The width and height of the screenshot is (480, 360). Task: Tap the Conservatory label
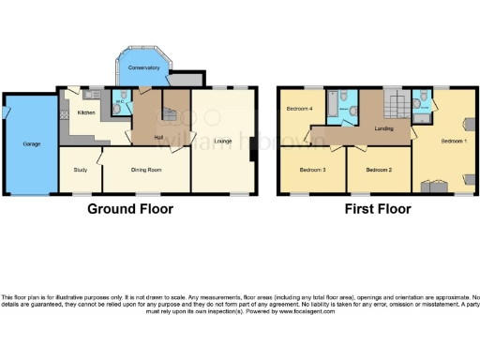[142, 68]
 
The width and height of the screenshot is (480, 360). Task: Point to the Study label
[81, 170]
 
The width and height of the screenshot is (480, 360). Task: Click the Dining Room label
[146, 170]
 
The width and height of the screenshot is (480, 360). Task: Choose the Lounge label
[222, 141]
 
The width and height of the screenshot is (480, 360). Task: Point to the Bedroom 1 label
[452, 140]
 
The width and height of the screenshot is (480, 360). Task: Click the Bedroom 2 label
[377, 170]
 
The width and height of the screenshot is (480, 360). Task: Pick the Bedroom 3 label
[311, 170]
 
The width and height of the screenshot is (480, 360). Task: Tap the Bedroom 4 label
[298, 109]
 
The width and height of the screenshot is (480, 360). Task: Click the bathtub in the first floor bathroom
[331, 110]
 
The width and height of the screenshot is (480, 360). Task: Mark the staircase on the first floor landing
[395, 106]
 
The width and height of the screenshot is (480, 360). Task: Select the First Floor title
[376, 208]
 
